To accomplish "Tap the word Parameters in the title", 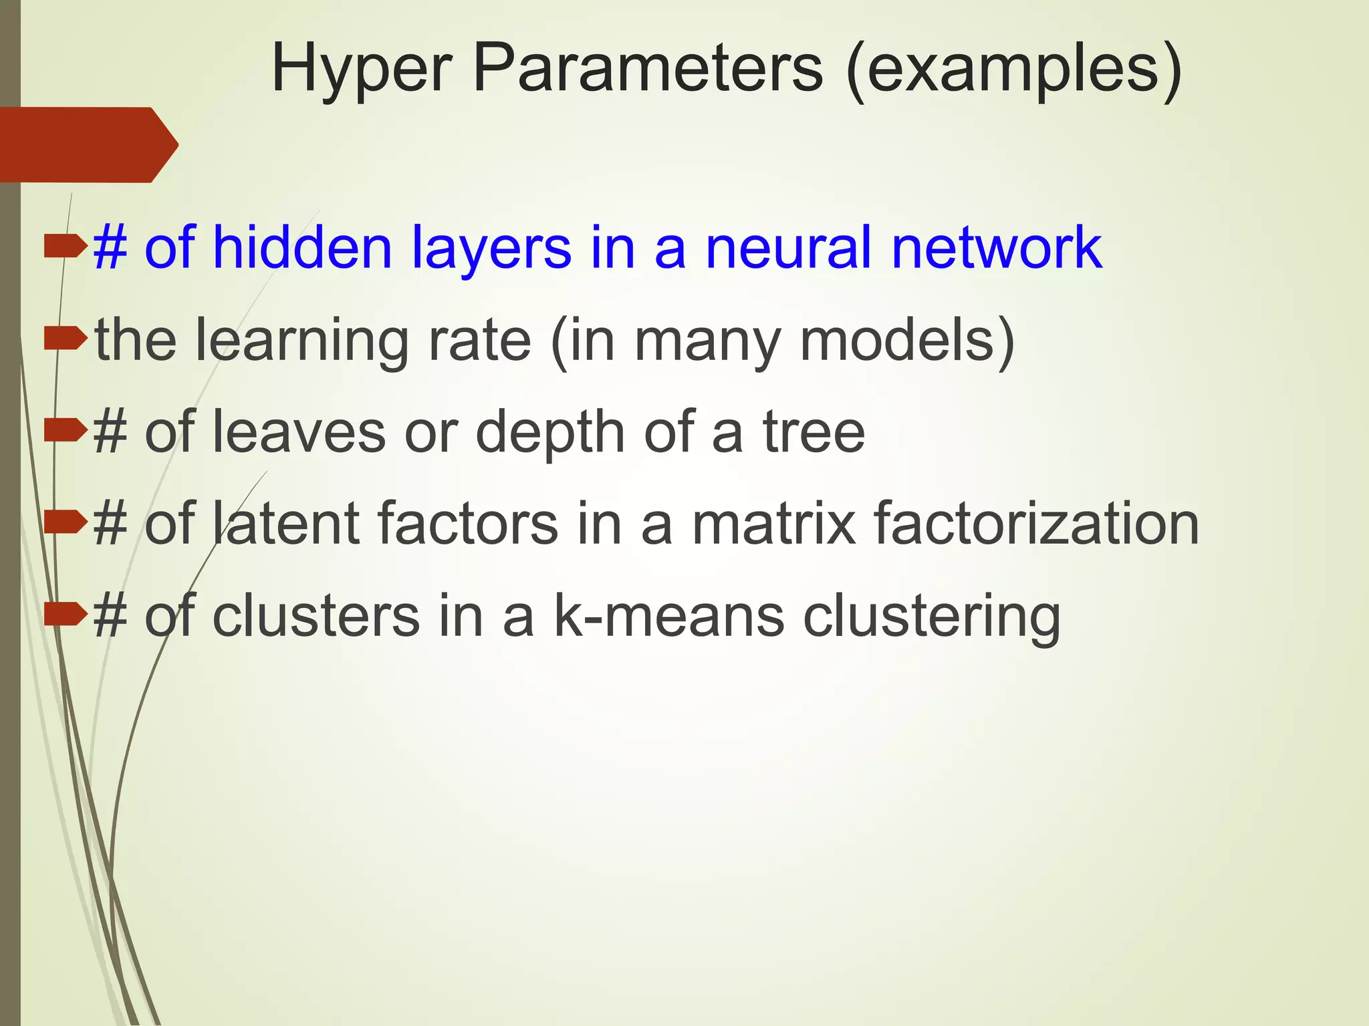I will (x=647, y=68).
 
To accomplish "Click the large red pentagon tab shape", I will (x=87, y=144).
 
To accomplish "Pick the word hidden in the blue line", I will (x=301, y=248).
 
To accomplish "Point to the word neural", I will (x=789, y=248).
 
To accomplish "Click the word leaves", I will (x=298, y=432).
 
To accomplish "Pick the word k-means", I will (x=669, y=616).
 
